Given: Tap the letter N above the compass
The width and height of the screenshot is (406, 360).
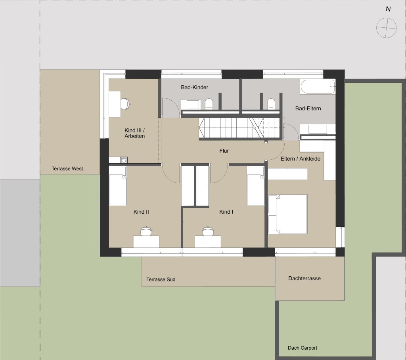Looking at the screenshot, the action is [x=388, y=9].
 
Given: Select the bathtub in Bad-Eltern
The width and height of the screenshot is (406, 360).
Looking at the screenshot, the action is [x=318, y=87].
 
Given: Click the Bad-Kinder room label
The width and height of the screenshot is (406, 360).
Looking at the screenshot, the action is [x=194, y=87].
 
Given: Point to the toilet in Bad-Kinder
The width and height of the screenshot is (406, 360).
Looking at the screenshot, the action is [x=209, y=104].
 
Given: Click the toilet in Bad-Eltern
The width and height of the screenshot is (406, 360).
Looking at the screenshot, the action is [x=271, y=104].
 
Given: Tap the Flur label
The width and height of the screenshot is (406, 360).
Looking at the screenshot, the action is [x=224, y=151].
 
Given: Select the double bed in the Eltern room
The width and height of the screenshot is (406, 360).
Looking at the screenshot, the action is [x=288, y=214].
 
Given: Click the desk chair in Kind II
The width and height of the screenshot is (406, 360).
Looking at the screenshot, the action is [x=146, y=231].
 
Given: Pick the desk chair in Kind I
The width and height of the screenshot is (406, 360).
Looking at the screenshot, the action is [x=208, y=231].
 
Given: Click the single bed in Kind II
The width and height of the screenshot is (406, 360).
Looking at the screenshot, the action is [x=118, y=186].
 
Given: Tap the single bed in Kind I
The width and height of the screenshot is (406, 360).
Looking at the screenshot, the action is [x=256, y=186].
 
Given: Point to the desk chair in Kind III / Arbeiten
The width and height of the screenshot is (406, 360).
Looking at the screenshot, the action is [x=125, y=104].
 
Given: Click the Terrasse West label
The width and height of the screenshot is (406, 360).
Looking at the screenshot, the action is [x=67, y=169].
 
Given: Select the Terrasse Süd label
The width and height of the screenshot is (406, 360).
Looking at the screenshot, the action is [x=161, y=280].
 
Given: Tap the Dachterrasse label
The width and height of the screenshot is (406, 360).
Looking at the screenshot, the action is [x=304, y=278].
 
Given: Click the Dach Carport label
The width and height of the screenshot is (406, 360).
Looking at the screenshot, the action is [x=303, y=348].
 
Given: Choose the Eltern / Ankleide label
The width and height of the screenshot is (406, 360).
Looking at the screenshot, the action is [x=301, y=159].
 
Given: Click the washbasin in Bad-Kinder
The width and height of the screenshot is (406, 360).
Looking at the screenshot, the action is [x=191, y=104].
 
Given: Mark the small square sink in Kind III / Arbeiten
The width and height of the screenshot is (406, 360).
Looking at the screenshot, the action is [x=124, y=160].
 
